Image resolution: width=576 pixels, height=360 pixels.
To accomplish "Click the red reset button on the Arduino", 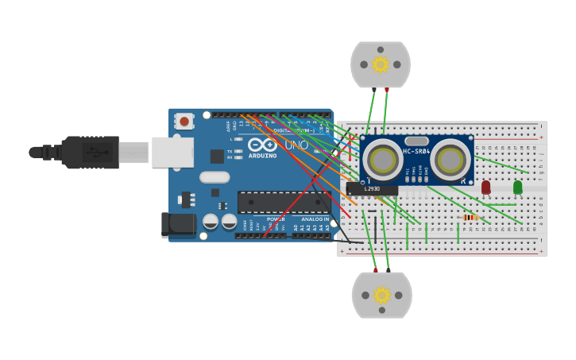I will pos(184,122).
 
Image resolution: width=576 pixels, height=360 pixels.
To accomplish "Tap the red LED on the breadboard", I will pos(486,187).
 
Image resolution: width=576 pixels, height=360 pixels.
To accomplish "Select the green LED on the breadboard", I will pos(518,187).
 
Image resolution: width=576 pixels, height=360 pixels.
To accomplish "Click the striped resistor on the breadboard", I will pos(470,217).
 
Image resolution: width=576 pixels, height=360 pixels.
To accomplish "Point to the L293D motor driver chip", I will pos(372,189).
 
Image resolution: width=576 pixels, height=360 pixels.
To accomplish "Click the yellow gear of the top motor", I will pos(381,64).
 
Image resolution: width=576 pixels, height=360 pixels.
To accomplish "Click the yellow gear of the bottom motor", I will pos(382,296).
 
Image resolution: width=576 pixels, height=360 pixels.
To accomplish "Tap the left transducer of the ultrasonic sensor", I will pos(382,161).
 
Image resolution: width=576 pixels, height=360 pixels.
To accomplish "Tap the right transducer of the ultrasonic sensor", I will pos(450,161).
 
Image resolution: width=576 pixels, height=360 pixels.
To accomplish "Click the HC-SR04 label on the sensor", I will pos(416,151).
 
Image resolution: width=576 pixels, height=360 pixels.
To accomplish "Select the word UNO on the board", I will pos(296,145).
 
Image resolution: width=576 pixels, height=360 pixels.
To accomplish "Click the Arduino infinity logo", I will pos(261,145).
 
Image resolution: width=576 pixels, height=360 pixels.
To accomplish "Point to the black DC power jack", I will pos(178,225).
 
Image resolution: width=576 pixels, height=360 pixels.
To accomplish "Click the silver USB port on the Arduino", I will pos(172,152).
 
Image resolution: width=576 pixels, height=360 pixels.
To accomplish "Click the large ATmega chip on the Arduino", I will pos(284,202).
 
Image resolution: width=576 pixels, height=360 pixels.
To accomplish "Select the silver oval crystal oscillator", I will pos(215,177).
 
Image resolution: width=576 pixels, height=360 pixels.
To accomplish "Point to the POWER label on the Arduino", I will pos(276,219).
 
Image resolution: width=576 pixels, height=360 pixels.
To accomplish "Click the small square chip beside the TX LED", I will pos(217,156).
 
